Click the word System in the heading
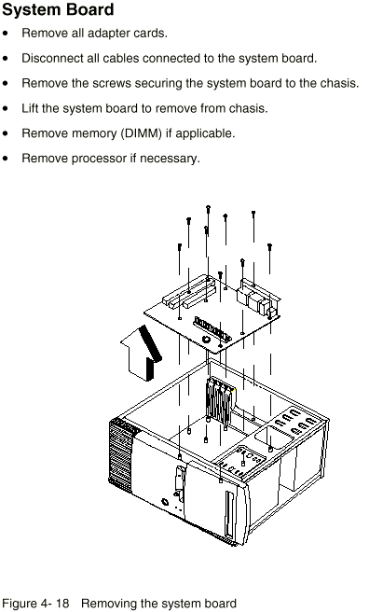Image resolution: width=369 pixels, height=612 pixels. coord(31,9)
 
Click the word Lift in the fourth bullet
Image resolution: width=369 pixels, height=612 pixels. coord(30,108)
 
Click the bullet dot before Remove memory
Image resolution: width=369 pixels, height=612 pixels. coord(5,133)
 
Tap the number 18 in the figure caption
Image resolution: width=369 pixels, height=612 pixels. coord(62,603)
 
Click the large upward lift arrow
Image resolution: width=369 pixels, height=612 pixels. coord(141,354)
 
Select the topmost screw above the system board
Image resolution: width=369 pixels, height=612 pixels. coord(208,208)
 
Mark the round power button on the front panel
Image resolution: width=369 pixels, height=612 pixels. coord(166,502)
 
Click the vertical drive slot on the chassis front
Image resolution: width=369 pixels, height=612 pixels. coord(228,514)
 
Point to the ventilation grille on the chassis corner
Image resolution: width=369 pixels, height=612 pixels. coord(121,452)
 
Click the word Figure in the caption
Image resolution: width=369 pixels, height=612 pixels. coord(19,604)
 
